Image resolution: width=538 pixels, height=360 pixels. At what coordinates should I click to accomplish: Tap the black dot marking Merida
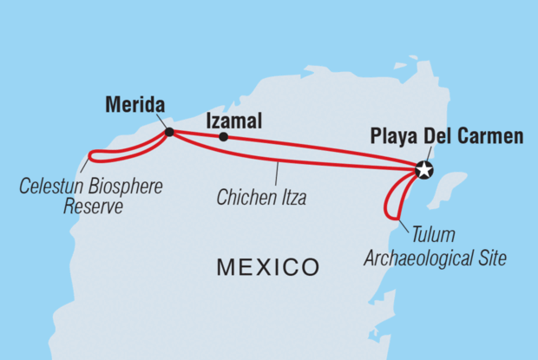(169, 133)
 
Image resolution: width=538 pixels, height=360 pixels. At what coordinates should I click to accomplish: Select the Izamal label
(233, 124)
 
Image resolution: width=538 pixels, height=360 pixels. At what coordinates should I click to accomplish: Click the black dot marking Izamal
(224, 137)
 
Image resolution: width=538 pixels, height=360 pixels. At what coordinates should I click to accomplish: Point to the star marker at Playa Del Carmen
(423, 170)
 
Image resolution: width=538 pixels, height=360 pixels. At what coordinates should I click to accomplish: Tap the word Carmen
(495, 136)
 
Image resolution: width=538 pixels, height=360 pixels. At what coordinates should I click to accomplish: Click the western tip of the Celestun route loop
(89, 157)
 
